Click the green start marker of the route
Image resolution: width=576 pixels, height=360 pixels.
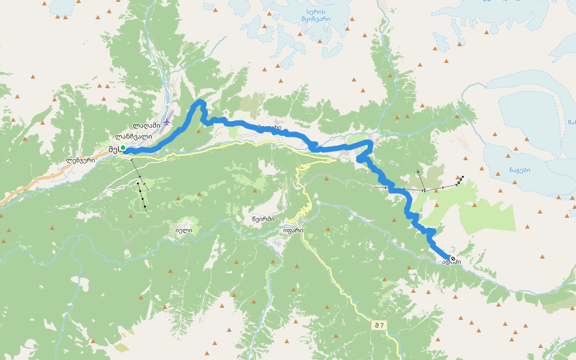pyautogui.click(x=123, y=148)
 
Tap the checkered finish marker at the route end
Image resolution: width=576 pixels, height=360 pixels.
pyautogui.click(x=453, y=259)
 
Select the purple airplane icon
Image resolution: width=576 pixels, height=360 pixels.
pyautogui.click(x=167, y=122)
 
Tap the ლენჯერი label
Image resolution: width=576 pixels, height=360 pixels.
pyautogui.click(x=81, y=160)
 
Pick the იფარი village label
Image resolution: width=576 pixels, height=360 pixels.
pyautogui.click(x=293, y=230)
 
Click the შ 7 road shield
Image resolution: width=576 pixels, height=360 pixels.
pyautogui.click(x=379, y=325)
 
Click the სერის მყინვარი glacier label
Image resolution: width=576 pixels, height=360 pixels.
pyautogui.click(x=316, y=15)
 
